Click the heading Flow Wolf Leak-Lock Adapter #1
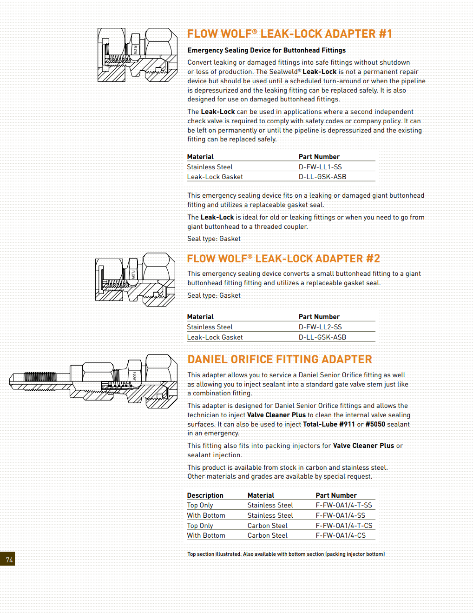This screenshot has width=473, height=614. point(289,34)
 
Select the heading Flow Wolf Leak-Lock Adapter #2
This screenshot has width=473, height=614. point(283,259)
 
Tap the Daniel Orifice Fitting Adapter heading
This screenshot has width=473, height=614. point(280,360)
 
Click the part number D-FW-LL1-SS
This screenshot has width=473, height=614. point(320,167)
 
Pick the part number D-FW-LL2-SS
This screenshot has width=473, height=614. point(320,327)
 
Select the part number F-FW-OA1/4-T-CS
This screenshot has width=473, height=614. point(344,526)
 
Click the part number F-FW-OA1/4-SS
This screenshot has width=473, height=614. point(340,515)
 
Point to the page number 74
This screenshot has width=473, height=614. point(9,560)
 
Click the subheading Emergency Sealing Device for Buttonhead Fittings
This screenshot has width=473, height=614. point(266,50)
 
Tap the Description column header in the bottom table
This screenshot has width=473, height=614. point(205,495)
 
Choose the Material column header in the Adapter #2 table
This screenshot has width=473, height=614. point(200,317)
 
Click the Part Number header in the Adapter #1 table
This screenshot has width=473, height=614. point(319,157)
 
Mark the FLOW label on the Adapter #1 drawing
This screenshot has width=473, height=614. point(135,49)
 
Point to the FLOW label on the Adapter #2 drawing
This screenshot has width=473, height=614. point(133,274)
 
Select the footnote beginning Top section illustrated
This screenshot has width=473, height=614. point(286,554)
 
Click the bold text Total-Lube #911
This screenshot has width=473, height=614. point(328,424)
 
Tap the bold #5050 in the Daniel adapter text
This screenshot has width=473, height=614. point(375,424)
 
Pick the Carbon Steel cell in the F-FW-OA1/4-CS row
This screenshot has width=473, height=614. point(267,535)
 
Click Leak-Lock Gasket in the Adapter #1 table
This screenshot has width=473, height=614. point(215,177)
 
